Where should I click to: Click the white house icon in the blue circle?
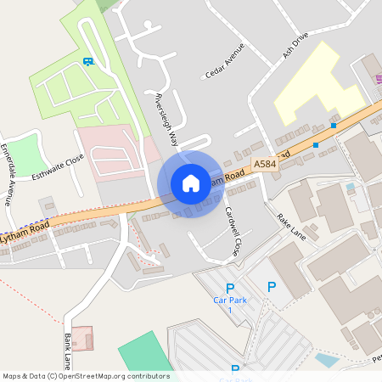click(190, 183)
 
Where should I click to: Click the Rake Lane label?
click(290, 226)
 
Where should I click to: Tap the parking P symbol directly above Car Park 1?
click(229, 289)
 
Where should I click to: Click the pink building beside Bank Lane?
click(82, 338)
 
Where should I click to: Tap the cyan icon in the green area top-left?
click(87, 61)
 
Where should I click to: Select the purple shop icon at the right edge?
click(379, 78)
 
